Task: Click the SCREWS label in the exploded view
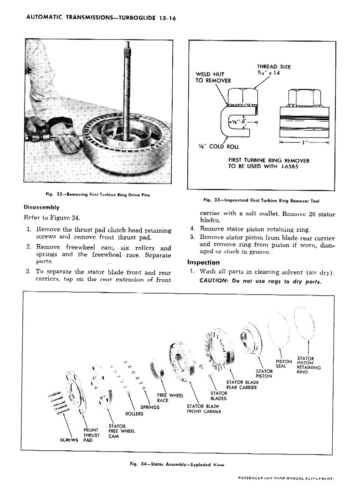(70, 440)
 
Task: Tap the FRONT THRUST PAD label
(92, 435)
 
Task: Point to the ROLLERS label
(134, 413)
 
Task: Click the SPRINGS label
(150, 407)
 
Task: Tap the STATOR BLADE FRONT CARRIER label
(204, 408)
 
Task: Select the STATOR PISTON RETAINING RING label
(309, 365)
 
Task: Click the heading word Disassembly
(43, 208)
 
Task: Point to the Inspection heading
(203, 262)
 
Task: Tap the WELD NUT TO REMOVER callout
(213, 77)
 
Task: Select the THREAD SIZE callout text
(273, 70)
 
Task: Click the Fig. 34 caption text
(178, 464)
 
